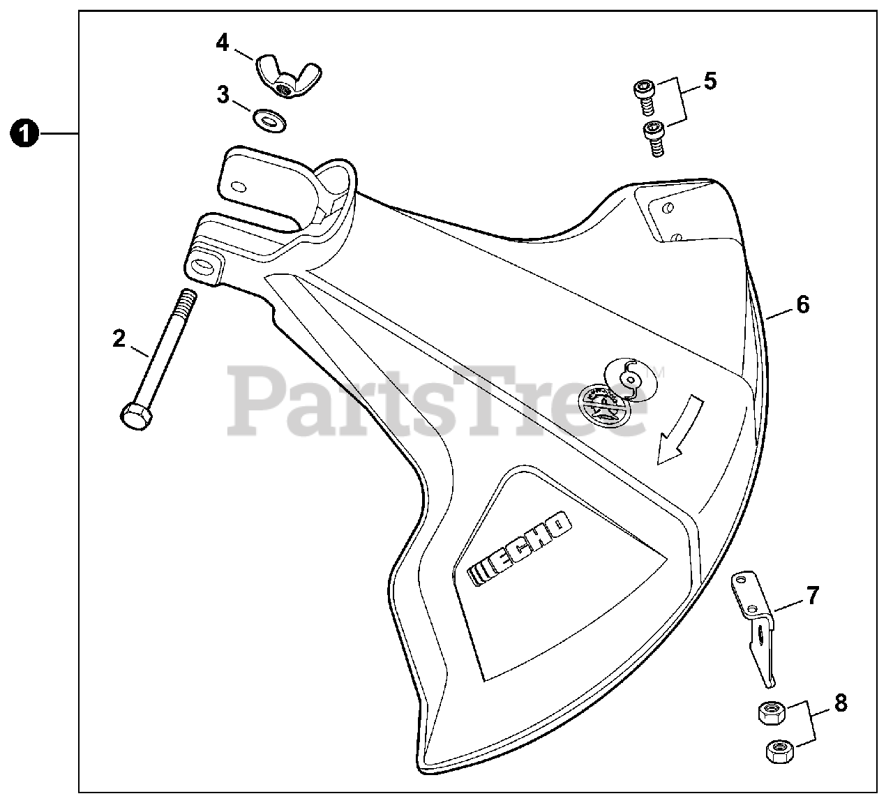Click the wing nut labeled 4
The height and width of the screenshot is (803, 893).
(280, 77)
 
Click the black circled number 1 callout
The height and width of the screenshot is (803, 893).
(24, 133)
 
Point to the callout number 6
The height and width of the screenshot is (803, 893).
(802, 304)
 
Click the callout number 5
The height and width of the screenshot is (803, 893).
(710, 81)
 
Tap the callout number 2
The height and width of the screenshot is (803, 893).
(119, 339)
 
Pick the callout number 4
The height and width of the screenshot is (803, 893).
(222, 43)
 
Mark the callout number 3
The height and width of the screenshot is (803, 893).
(223, 95)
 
